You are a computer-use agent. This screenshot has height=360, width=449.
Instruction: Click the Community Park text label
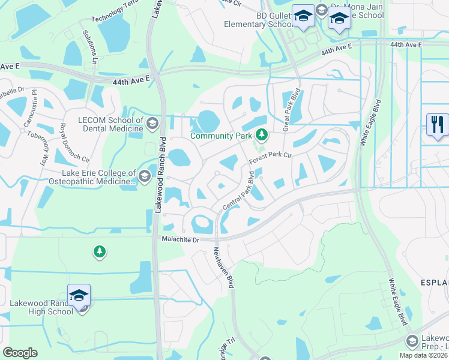221,136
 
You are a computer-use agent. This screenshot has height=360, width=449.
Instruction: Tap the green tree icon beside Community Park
261,134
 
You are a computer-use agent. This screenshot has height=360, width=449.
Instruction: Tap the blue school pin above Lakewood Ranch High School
79,295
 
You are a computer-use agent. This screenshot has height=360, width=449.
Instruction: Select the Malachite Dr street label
180,239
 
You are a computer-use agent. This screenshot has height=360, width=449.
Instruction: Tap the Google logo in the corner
20,352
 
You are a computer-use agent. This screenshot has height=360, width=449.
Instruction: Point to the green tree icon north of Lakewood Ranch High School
99,251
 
